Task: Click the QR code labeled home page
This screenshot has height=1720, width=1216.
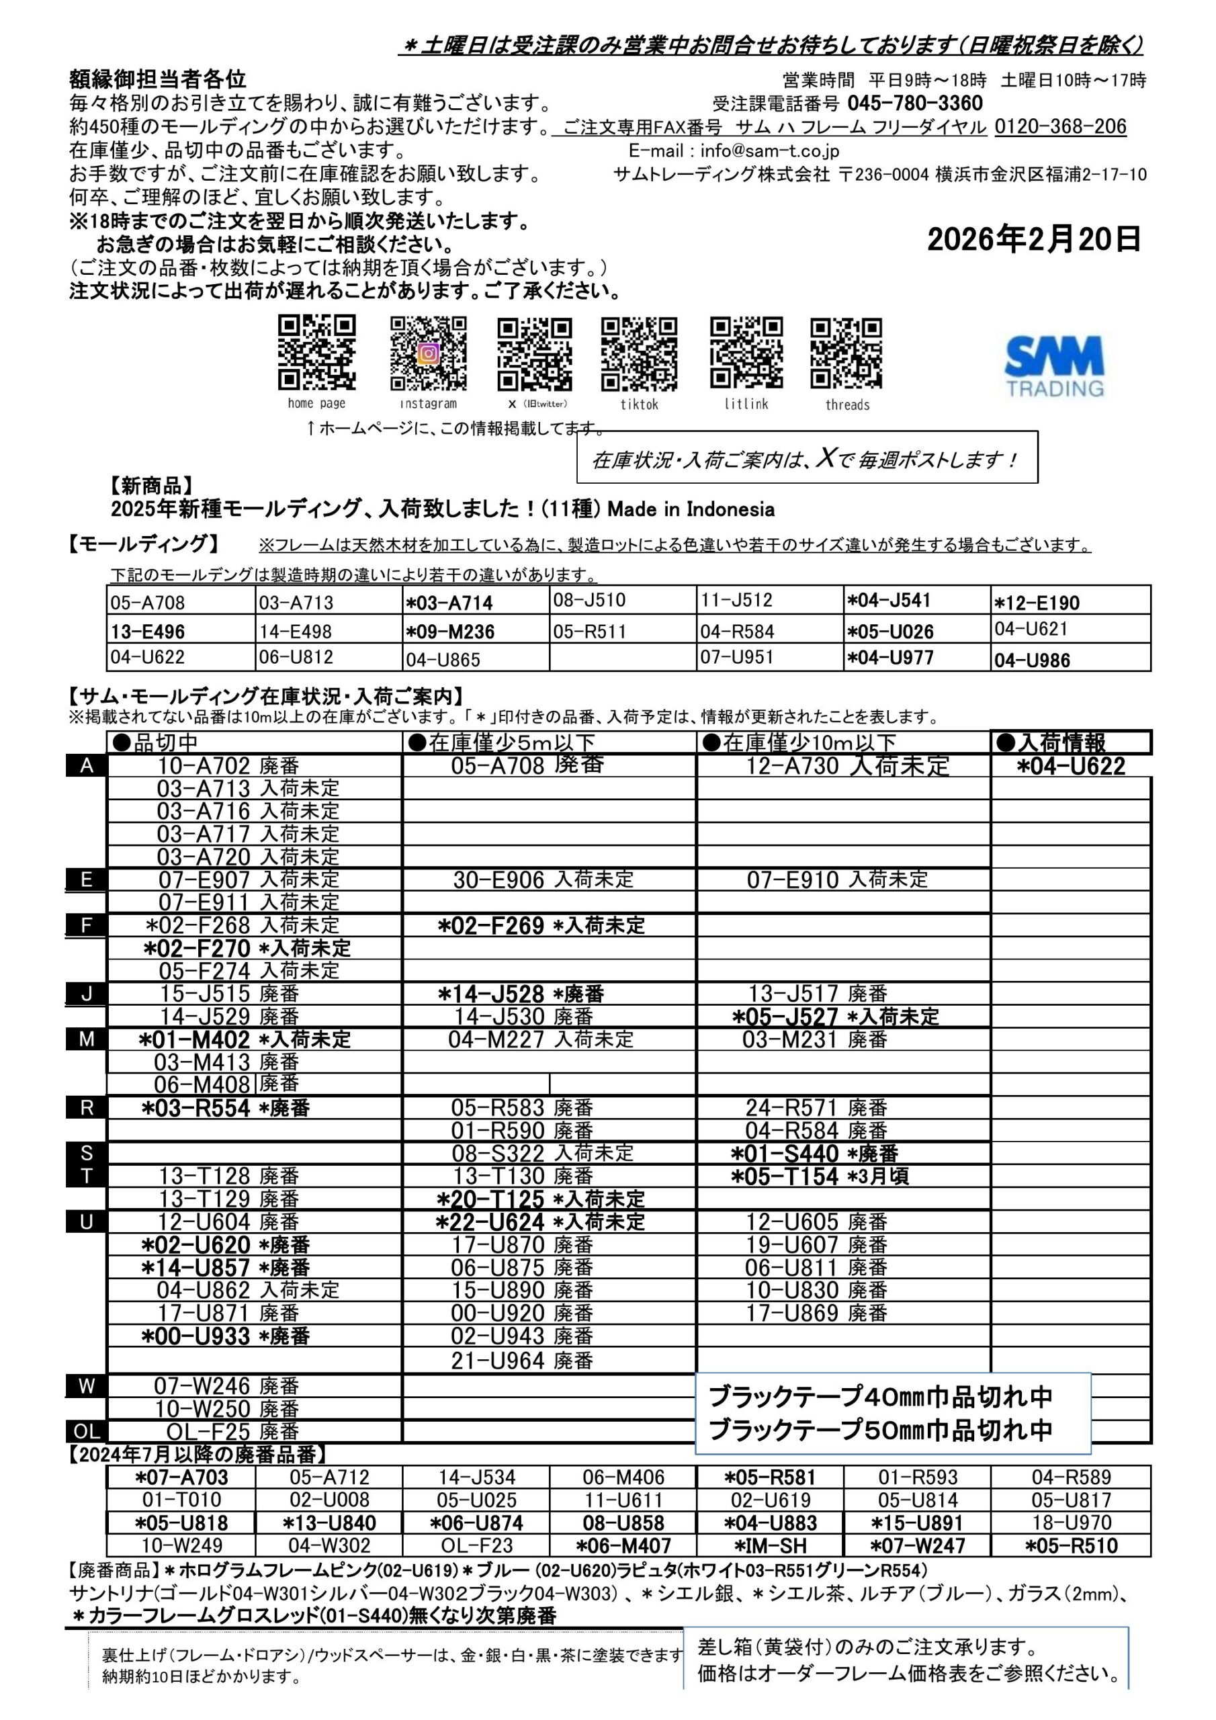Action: tap(317, 352)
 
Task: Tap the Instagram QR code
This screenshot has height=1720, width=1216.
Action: tap(429, 353)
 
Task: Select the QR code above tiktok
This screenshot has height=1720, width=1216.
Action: tap(639, 353)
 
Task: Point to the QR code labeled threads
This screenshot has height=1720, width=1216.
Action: tap(846, 353)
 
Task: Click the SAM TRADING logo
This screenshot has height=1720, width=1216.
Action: tap(1054, 366)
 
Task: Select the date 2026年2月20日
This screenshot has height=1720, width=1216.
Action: tap(1034, 240)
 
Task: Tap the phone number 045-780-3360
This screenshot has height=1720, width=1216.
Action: tap(915, 103)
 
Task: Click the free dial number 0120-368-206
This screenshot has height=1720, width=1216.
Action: tap(1060, 126)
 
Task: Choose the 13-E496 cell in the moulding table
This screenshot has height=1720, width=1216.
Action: tap(148, 632)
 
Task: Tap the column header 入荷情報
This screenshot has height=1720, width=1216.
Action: tap(1061, 742)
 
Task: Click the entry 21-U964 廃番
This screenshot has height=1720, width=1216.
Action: tap(522, 1361)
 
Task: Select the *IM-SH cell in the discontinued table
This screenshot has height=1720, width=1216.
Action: tap(769, 1545)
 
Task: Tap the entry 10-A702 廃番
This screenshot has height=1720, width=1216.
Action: tap(228, 766)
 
